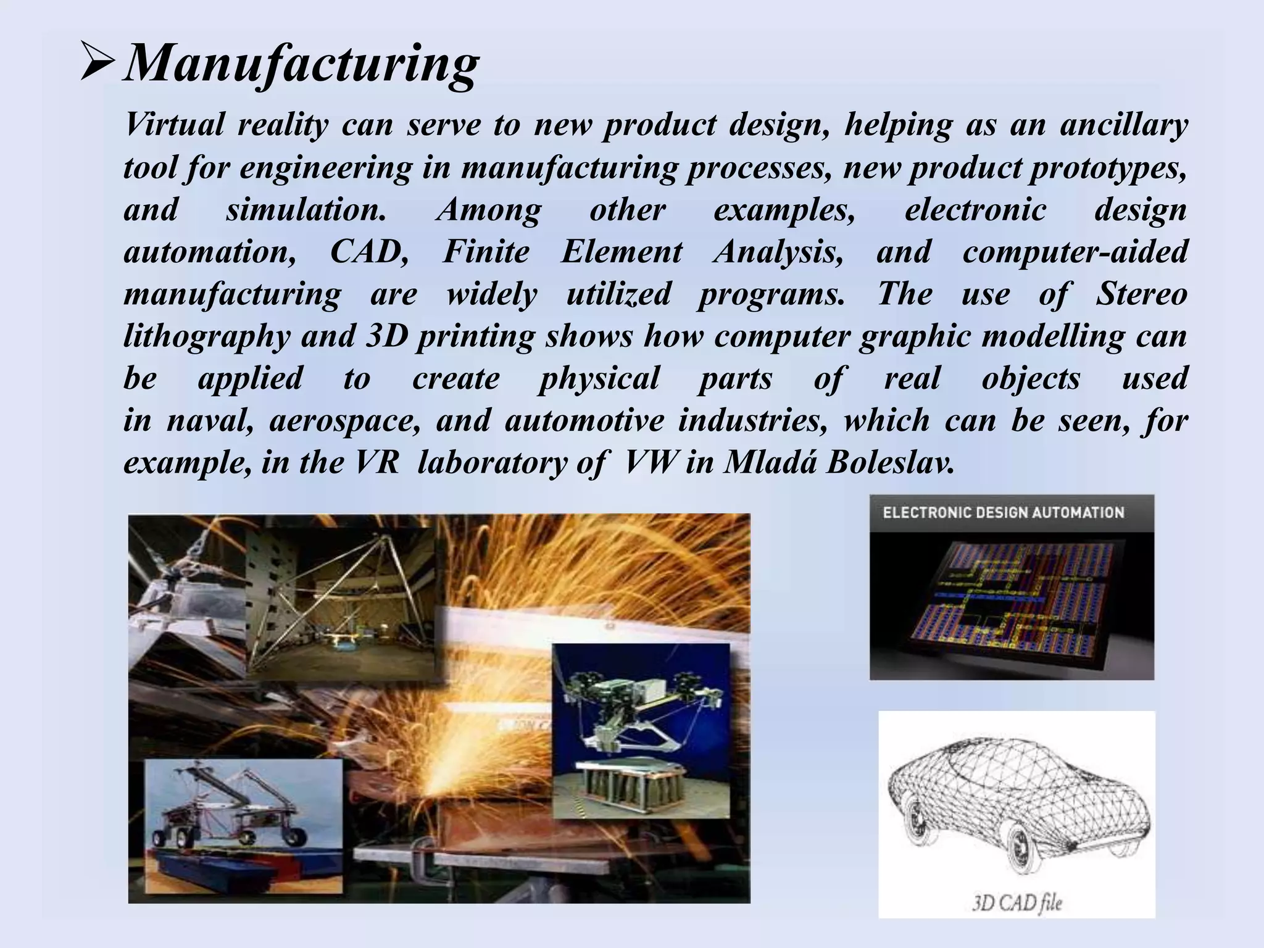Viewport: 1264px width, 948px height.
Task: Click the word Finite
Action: [486, 252]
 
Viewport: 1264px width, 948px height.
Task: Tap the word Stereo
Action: [1141, 294]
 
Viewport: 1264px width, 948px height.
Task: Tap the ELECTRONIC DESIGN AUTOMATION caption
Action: [1003, 513]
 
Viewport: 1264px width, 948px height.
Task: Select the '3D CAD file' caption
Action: [1017, 904]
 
